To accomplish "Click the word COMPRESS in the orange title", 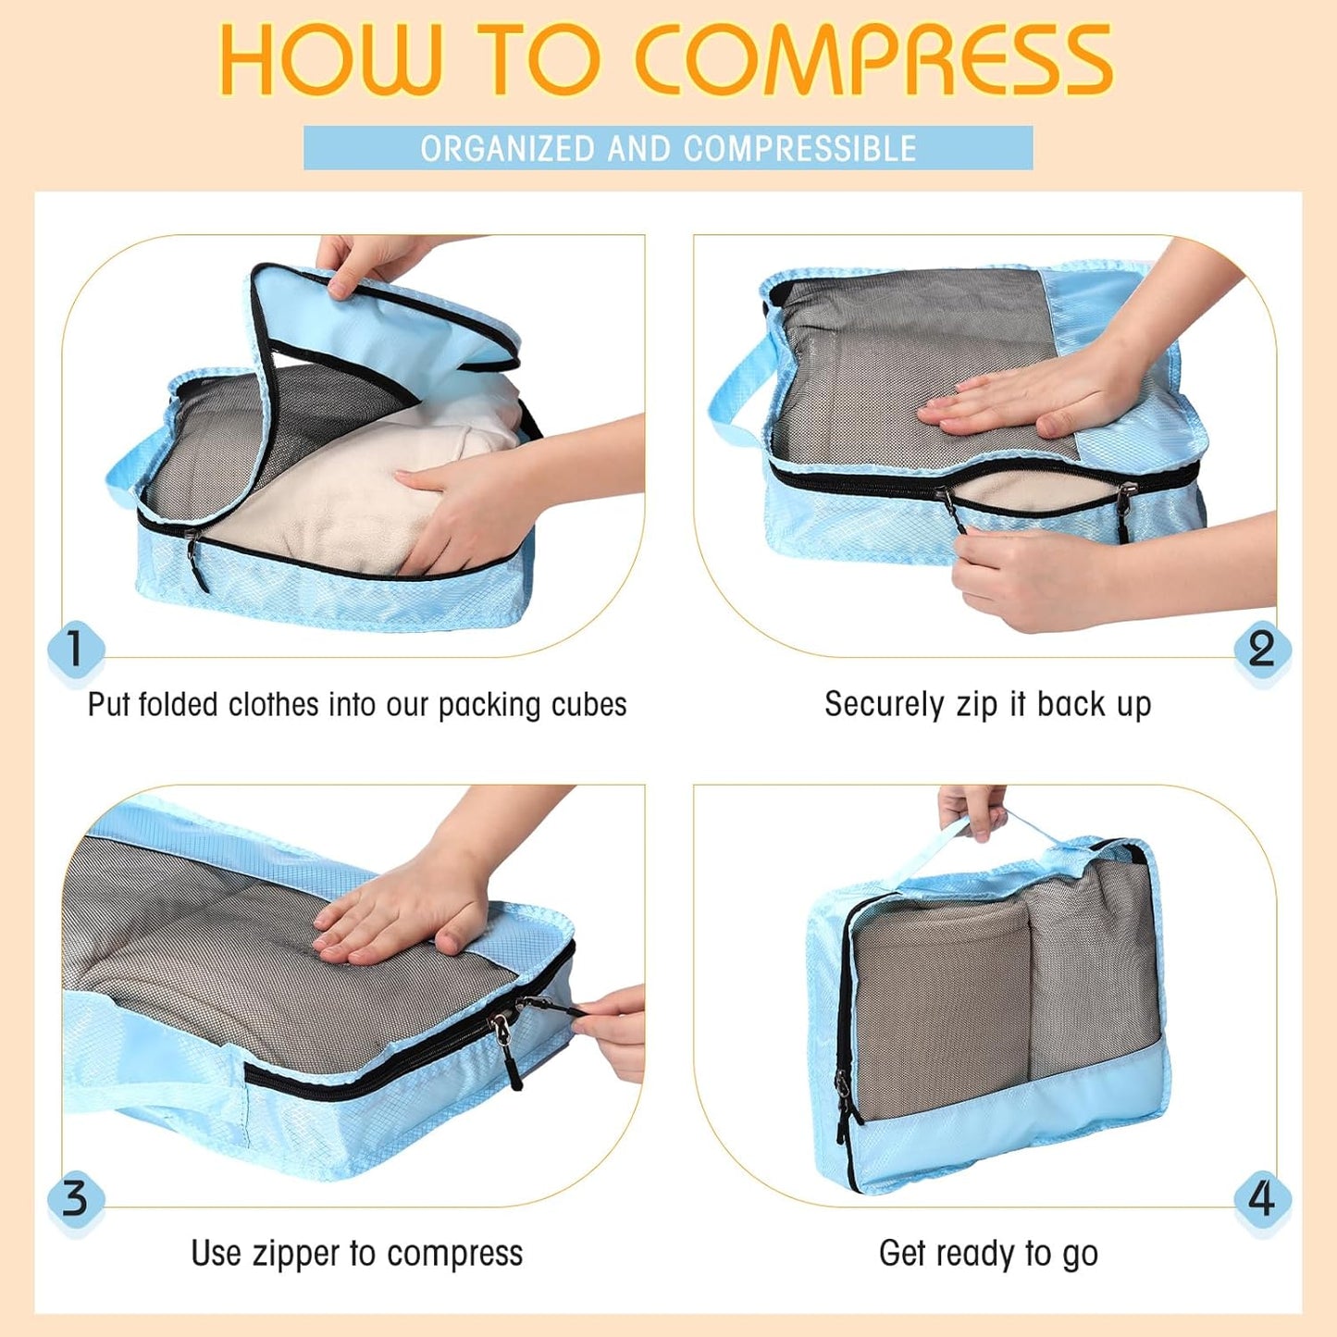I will click(x=873, y=61).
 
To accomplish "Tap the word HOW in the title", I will click(x=329, y=61).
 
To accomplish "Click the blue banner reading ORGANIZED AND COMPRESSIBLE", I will click(x=668, y=148).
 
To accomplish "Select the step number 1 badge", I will click(x=75, y=649).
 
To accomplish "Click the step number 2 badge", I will click(x=1261, y=649).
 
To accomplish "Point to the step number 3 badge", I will click(x=75, y=1198).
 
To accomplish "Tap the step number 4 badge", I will click(x=1261, y=1198).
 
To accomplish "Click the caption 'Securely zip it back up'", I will click(x=987, y=704).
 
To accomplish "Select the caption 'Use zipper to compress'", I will click(x=356, y=1254).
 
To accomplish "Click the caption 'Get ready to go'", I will click(x=987, y=1254).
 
